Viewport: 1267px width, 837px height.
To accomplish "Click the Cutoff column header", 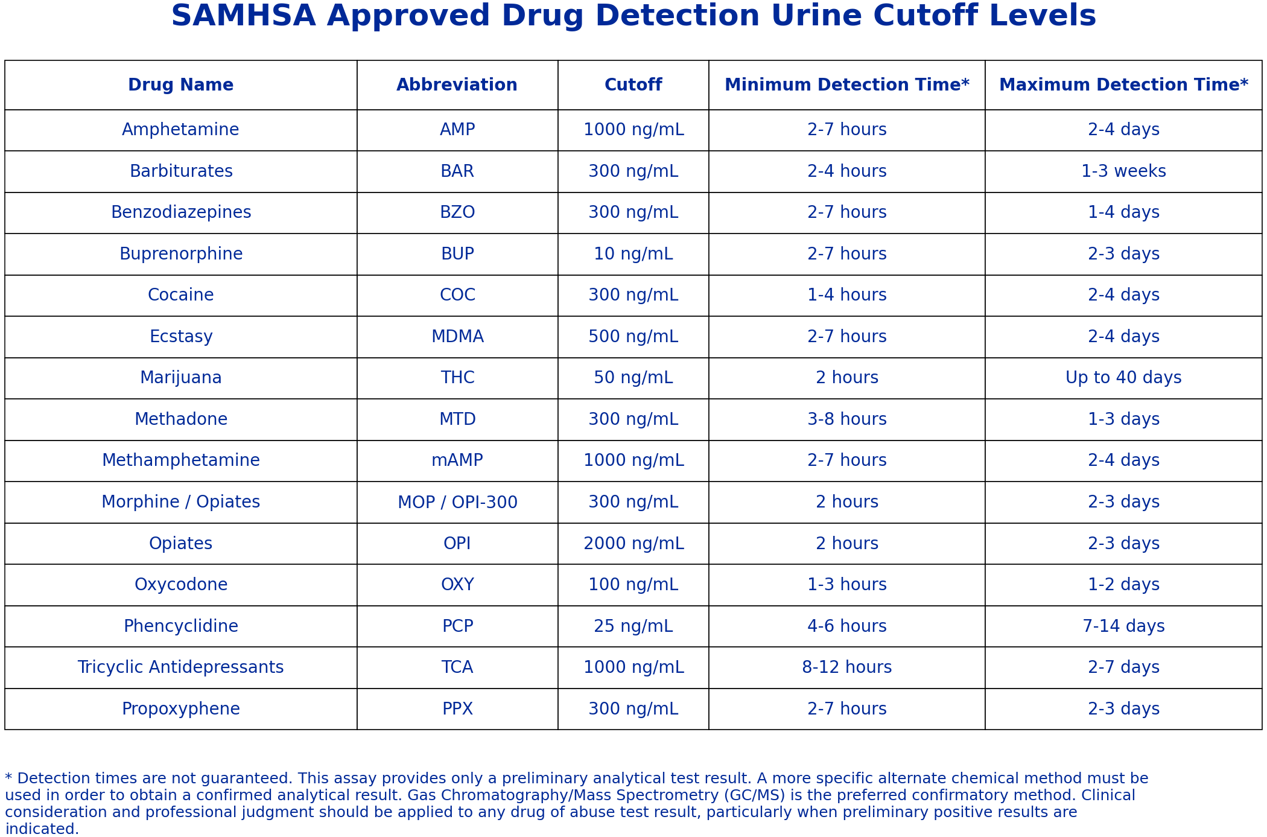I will pos(633,85).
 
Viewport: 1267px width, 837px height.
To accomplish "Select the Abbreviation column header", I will pos(457,85).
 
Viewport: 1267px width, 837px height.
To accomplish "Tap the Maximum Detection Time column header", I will pos(1123,85).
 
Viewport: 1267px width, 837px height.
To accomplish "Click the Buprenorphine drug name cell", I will pos(181,254).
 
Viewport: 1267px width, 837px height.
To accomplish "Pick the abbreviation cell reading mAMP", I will pos(457,460).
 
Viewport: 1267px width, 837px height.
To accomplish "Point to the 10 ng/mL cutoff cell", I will pos(633,254).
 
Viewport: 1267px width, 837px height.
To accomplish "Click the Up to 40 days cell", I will pos(1123,378).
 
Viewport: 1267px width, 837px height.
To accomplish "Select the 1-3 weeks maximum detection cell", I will pos(1123,171).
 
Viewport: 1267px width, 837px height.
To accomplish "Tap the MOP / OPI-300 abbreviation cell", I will pos(457,502).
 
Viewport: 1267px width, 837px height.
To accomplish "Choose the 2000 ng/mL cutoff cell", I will pos(633,544).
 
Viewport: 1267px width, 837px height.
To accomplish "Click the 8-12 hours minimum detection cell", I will pos(846,667).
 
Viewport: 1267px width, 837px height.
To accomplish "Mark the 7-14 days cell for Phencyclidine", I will pos(1123,626).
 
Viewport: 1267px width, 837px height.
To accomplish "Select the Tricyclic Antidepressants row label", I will pos(181,667).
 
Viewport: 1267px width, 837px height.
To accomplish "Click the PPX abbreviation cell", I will pos(457,709).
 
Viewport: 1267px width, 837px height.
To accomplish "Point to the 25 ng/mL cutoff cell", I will pos(633,626).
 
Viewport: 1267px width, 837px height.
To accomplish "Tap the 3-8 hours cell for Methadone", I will pos(846,419).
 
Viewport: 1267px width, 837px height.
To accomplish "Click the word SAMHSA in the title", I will pos(243,16).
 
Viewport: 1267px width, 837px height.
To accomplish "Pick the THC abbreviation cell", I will pos(457,378).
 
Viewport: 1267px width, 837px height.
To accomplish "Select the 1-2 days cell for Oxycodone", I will pos(1123,585).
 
